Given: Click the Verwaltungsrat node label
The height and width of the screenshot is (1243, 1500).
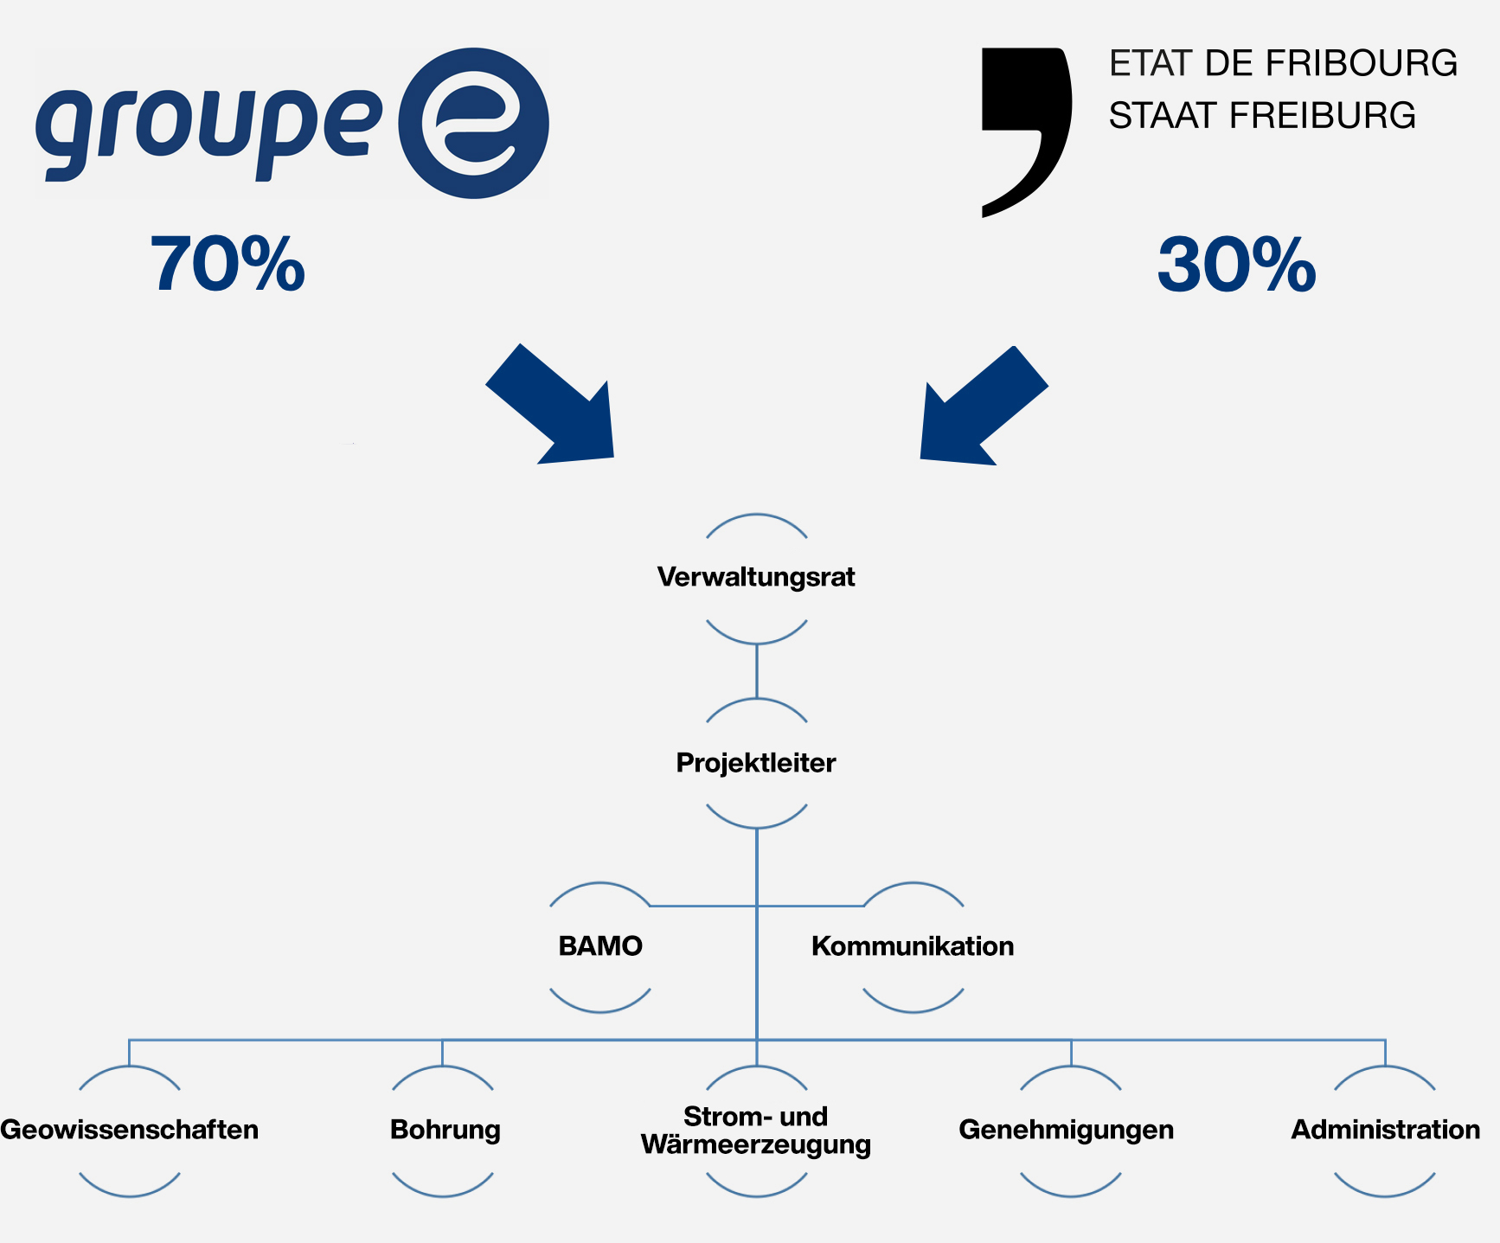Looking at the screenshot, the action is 756,577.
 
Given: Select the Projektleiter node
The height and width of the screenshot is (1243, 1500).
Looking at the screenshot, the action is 756,763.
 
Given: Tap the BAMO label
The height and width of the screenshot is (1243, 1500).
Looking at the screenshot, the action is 600,946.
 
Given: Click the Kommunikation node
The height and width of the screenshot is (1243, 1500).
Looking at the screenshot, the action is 913,946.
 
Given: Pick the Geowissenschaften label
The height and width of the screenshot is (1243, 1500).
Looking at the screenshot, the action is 130,1130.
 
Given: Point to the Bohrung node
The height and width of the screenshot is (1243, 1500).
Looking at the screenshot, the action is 445,1130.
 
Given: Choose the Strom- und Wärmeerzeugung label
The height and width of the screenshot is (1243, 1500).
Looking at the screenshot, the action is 756,1131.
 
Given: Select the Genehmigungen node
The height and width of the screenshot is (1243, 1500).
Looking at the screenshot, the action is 1067,1130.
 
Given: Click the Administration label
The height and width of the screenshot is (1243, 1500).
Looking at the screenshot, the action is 1386,1130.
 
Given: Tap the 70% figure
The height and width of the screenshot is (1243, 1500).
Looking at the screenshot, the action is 228,264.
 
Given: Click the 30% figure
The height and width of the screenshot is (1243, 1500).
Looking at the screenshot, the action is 1237,265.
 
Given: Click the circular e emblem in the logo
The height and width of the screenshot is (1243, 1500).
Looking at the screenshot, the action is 473,123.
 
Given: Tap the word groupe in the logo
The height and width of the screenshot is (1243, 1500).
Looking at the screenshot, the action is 208,130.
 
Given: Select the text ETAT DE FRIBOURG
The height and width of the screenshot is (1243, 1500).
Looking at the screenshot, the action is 1284,64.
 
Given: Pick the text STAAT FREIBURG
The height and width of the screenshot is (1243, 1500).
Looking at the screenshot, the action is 1263,116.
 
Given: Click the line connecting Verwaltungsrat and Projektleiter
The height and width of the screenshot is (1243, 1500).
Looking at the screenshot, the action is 757,671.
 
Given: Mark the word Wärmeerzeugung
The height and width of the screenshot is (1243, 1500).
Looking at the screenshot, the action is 756,1145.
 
